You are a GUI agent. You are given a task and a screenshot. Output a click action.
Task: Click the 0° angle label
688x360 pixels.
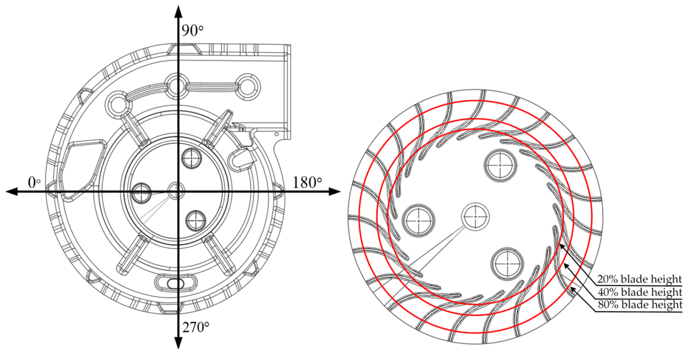click(x=34, y=183)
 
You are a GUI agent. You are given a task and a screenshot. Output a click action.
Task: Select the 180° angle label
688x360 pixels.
click(x=307, y=183)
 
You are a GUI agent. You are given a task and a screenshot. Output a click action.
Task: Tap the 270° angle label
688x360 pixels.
click(x=196, y=327)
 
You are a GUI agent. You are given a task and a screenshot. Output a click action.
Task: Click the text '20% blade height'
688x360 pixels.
click(x=640, y=279)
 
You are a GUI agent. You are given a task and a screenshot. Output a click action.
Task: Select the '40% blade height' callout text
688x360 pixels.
click(x=640, y=292)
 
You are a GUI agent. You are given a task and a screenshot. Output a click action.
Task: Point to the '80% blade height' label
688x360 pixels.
click(x=640, y=305)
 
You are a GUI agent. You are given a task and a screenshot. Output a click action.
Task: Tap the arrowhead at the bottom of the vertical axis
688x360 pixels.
click(x=178, y=343)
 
